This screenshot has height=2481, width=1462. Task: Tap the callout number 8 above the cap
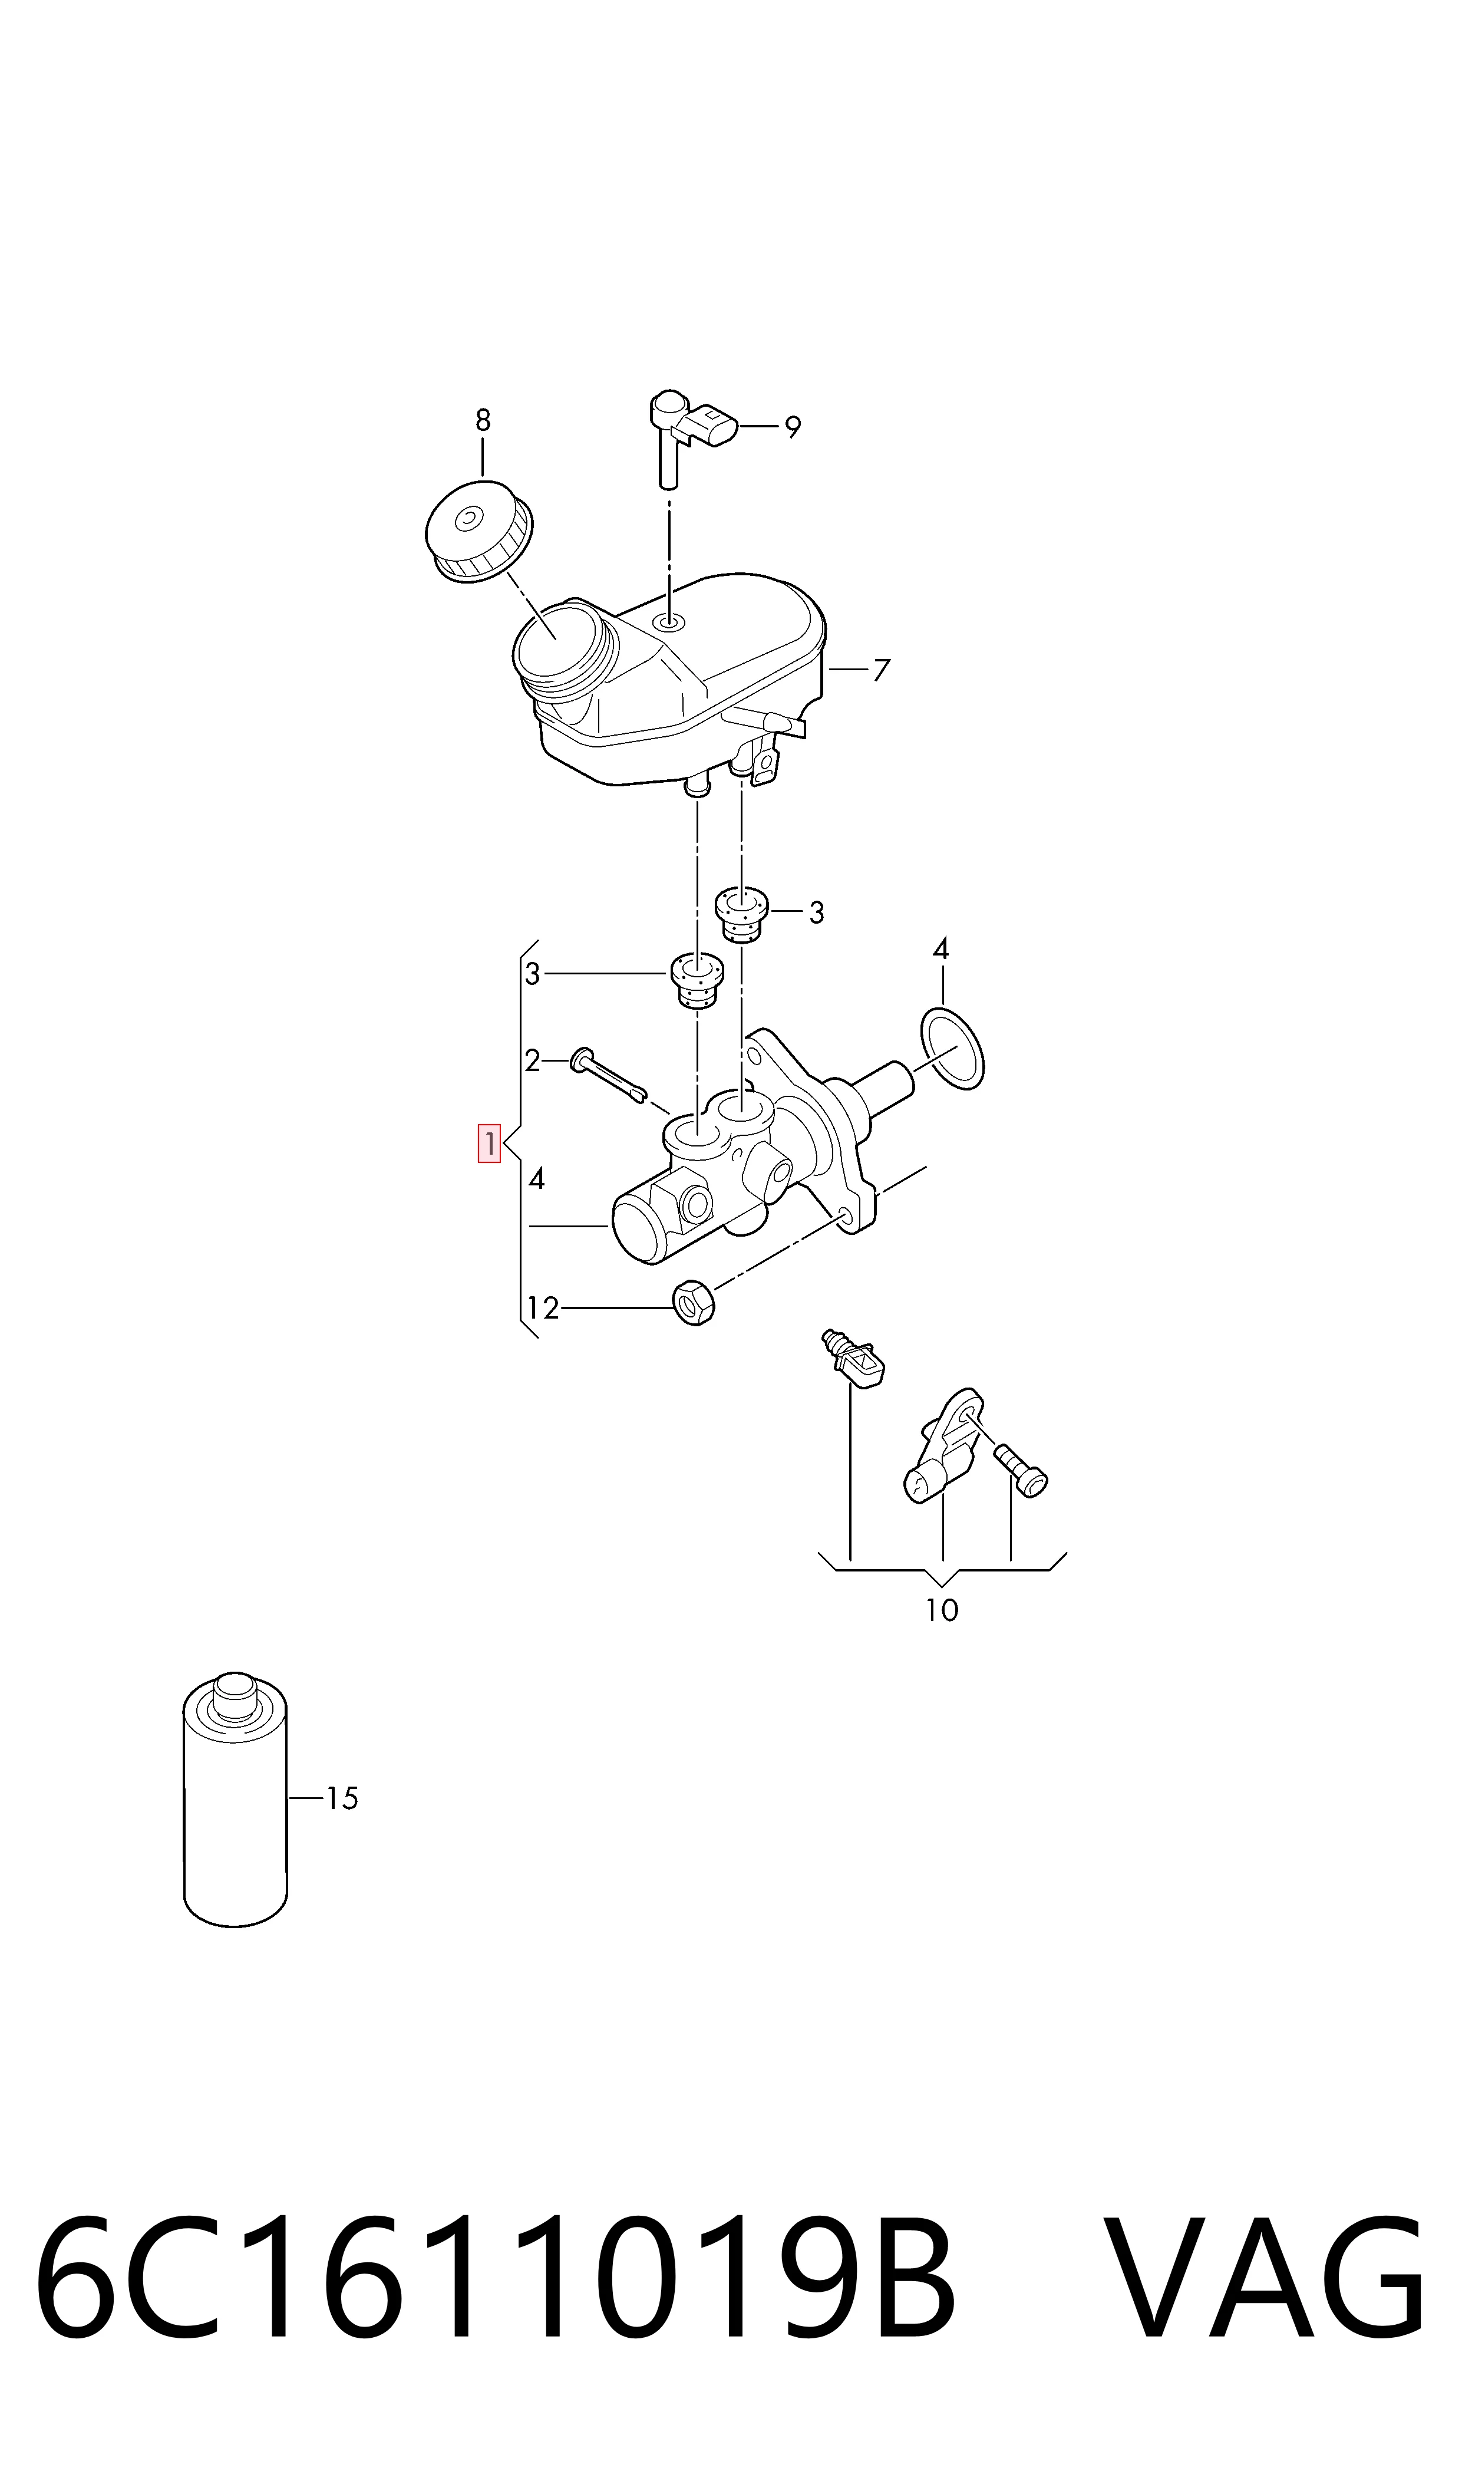pos(483,421)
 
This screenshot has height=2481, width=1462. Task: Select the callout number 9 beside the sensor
pos(793,427)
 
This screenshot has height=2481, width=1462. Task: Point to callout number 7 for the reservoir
pos(882,670)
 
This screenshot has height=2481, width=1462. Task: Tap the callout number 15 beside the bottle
pos(342,1798)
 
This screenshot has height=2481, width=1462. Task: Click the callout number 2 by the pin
pos(533,1061)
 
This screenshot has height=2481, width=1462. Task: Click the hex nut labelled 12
pos(694,1303)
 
